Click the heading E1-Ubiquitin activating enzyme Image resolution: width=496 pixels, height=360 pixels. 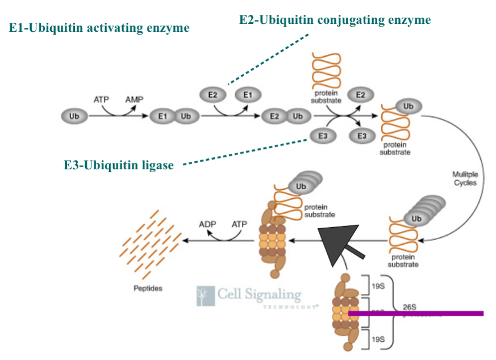click(99, 28)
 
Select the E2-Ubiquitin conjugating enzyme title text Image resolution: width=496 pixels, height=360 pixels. click(335, 20)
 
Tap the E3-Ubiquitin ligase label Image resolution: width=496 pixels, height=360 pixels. click(118, 166)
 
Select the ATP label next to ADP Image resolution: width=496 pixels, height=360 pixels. click(239, 224)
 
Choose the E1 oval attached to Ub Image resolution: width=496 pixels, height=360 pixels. click(162, 116)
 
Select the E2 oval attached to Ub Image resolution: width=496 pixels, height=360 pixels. click(274, 116)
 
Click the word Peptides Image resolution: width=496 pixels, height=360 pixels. click(148, 288)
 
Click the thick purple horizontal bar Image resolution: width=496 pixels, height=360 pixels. click(415, 313)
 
